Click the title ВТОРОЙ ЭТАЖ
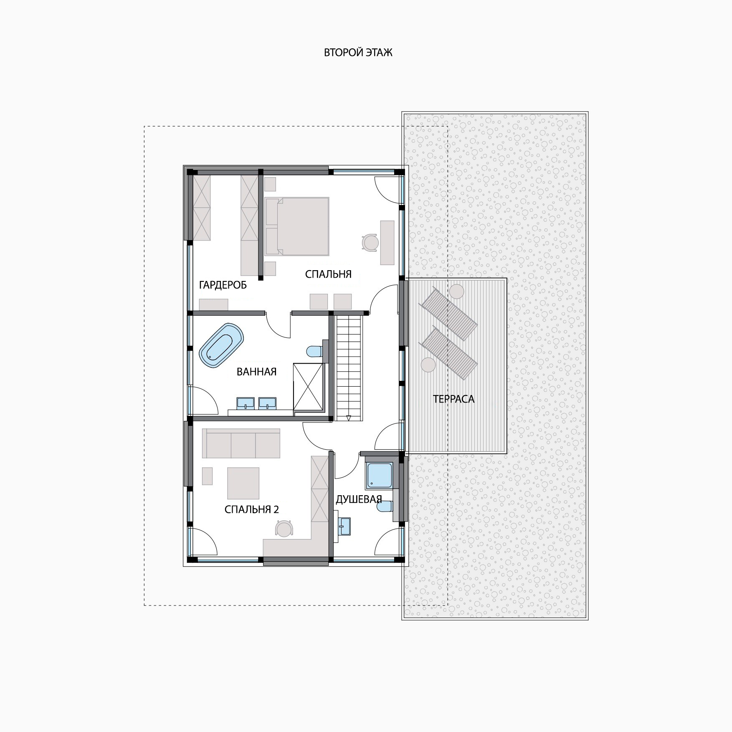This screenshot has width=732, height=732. pos(358,53)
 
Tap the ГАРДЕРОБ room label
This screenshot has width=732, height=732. pos(223,285)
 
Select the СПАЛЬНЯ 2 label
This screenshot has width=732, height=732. pos(251,509)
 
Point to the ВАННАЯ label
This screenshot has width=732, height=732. pos(256,372)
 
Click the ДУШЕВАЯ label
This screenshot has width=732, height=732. pos(359,499)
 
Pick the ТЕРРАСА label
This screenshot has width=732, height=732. pos(453,399)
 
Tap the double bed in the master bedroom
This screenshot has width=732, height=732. pos(297,226)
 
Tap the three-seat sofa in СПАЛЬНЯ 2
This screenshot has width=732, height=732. pos(241,443)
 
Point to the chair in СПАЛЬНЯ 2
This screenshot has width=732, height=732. pos(284,528)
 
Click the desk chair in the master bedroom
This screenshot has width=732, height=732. pos(370,242)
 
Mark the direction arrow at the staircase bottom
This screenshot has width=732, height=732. pos(348,418)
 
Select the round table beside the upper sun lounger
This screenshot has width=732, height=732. pos(457,291)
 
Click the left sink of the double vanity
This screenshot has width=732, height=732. pos(246,403)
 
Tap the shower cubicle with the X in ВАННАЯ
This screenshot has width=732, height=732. pos(309,387)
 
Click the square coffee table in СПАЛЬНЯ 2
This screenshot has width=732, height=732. pos(243,483)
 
